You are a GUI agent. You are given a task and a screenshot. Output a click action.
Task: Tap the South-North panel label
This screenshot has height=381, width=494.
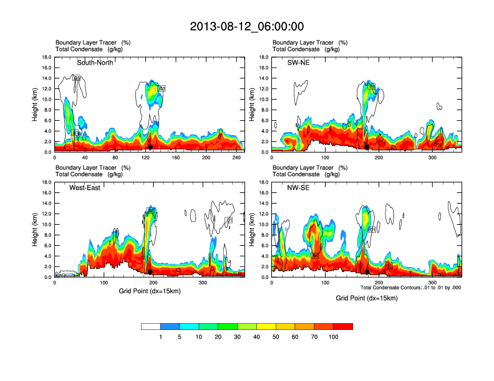[x=95, y=63]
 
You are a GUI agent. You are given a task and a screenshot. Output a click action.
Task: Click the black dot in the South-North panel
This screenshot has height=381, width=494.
[x=150, y=146]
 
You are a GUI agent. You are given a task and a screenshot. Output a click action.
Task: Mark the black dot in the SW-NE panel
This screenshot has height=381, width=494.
[x=367, y=146]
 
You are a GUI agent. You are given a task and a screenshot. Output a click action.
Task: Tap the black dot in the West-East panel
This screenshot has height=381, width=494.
[x=150, y=271]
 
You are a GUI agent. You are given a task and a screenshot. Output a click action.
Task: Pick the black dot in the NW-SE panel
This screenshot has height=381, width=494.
[x=367, y=271]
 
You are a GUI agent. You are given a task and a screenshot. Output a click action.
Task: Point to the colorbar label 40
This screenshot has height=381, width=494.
[x=256, y=337]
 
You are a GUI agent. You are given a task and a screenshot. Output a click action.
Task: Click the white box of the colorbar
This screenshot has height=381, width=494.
[x=151, y=326]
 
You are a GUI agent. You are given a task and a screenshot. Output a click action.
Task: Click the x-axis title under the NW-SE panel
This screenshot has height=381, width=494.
[x=366, y=298]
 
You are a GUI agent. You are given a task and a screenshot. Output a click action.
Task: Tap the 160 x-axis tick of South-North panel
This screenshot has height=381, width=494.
[x=176, y=158]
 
